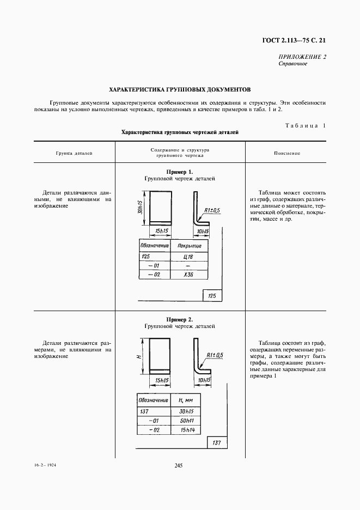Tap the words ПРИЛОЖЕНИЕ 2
point(302,57)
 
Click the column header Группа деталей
point(74,153)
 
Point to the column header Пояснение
point(287,153)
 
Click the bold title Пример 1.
point(180,172)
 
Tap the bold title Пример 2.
point(180,319)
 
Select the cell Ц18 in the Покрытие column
point(189,256)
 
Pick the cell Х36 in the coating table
point(189,275)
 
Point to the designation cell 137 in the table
point(144,412)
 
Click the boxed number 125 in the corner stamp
point(212,296)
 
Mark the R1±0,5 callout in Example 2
point(215,356)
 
